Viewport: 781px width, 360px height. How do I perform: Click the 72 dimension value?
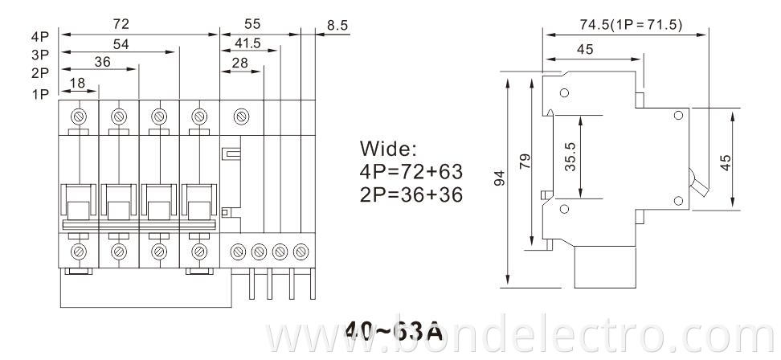[121, 25]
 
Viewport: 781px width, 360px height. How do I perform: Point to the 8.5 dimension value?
[337, 26]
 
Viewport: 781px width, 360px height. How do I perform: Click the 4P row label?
[40, 37]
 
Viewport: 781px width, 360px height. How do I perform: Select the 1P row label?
[40, 93]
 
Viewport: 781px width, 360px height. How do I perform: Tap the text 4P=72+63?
[411, 171]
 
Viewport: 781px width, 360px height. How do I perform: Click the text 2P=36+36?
[411, 194]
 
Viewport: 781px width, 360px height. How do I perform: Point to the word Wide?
[389, 149]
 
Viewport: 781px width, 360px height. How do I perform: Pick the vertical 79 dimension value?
[525, 162]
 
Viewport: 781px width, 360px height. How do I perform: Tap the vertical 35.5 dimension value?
[569, 157]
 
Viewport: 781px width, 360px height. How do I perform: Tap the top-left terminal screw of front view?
[80, 116]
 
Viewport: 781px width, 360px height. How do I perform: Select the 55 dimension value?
[251, 25]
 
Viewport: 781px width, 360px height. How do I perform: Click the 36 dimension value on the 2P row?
[103, 63]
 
